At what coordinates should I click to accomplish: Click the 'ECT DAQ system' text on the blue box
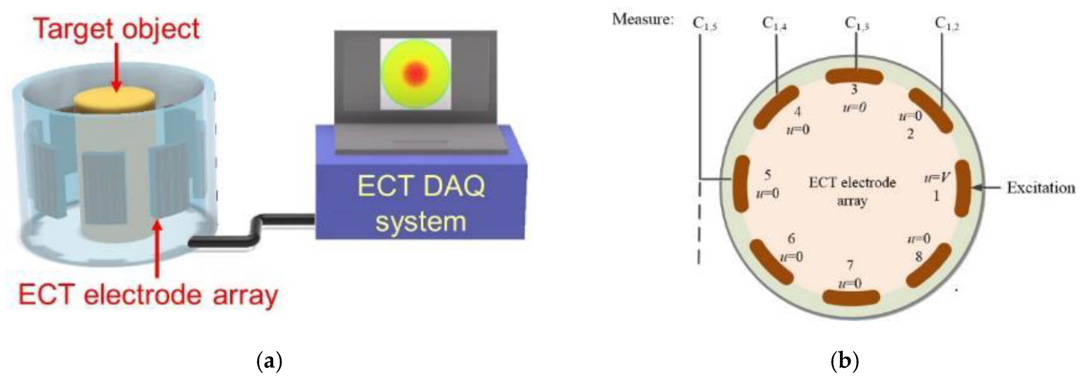point(421,203)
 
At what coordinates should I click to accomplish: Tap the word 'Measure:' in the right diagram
point(643,19)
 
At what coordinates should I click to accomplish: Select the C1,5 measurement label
point(704,24)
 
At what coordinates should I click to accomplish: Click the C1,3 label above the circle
point(856,24)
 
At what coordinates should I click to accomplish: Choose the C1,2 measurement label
point(947,24)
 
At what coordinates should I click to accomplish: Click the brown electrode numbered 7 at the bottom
point(851,297)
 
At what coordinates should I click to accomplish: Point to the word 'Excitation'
point(1041,188)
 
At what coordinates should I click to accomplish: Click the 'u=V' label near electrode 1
point(937,178)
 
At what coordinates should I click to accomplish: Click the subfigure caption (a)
point(269,361)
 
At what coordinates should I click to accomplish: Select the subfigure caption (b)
point(845,361)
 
